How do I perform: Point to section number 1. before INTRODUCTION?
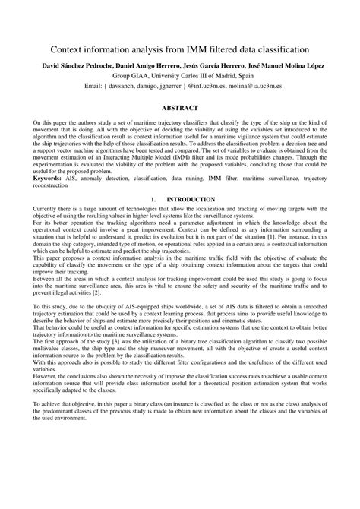153,199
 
